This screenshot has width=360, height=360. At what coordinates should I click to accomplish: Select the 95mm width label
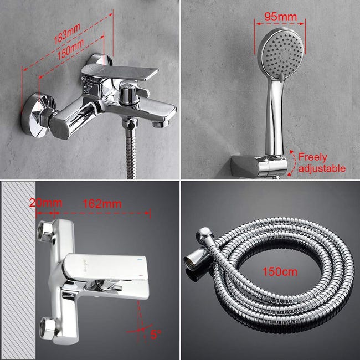point(280,17)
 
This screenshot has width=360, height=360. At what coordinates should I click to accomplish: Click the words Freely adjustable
point(320,162)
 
